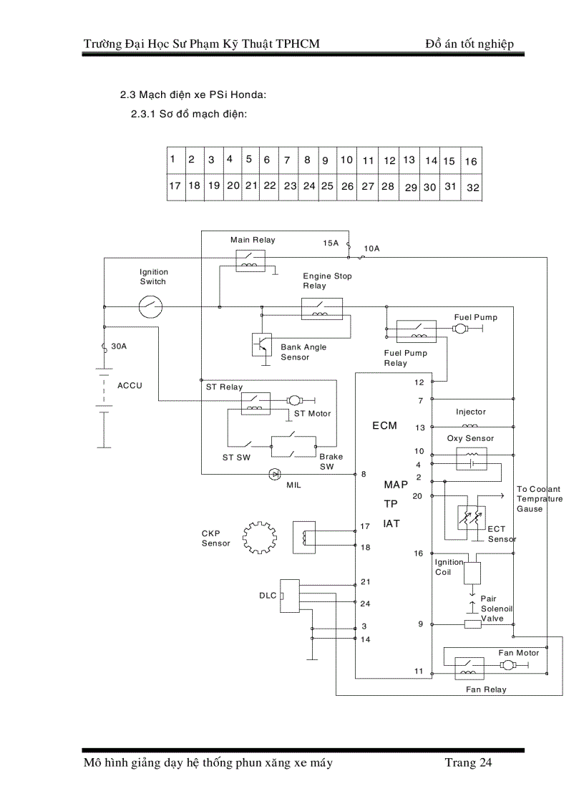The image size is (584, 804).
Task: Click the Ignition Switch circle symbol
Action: coord(150,308)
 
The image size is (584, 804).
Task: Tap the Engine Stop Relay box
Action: coord(321,309)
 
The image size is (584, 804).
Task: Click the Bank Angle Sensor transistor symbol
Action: coord(263,344)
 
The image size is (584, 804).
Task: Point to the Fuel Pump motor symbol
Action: coord(459,329)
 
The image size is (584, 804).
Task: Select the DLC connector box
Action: coord(290,596)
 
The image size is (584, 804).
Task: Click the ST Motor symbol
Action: coord(295,399)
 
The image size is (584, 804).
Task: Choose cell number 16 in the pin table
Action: coord(471,162)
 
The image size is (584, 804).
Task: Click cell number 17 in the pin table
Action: coord(175,185)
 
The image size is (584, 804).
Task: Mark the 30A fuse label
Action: coord(119,347)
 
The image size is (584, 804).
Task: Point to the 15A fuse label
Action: coord(330,243)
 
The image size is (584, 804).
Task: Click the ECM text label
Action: coord(384,426)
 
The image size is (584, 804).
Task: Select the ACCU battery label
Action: coord(130,386)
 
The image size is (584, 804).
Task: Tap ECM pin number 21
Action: coord(365,581)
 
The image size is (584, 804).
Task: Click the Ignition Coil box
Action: coord(472,573)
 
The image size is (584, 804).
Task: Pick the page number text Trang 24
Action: coord(468,762)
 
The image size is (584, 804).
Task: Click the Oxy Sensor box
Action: coord(471,459)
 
